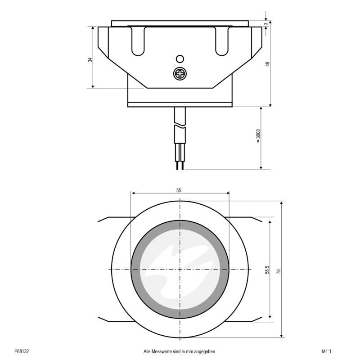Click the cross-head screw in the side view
pos(180,73)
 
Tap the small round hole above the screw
pos(180,58)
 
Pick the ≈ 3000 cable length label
pos(258,136)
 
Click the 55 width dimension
pos(179,190)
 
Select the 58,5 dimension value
pos(267,270)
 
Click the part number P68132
pos(22,351)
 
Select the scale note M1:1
pos(326,351)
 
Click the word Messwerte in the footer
pos(161,351)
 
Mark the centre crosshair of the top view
pos(180,269)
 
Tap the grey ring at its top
pos(180,224)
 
